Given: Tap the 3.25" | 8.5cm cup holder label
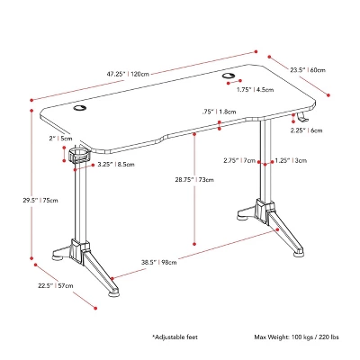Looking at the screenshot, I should [x=112, y=165].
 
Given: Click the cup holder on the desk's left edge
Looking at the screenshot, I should [x=80, y=156].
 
